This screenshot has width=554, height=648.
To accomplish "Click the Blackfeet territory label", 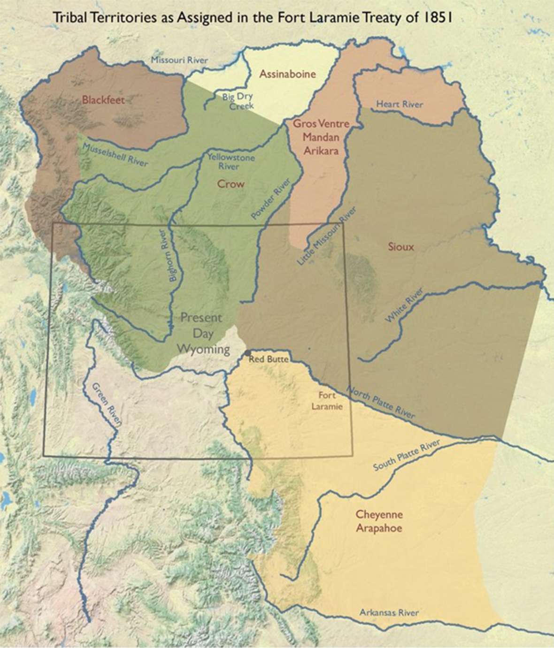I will [x=102, y=99].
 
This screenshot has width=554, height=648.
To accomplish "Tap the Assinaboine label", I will [x=287, y=74].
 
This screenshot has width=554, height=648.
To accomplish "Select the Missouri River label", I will [x=179, y=60].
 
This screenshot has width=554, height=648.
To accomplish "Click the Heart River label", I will [x=400, y=104].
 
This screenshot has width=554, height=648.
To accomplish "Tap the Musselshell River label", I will [x=115, y=155].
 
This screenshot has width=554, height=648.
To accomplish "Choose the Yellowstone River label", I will [x=231, y=162].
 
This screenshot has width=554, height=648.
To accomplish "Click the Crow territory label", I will [x=231, y=184].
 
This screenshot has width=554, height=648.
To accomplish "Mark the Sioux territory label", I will [x=401, y=246].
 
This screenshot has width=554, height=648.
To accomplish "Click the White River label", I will [x=404, y=306].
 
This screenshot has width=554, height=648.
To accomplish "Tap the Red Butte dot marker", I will [x=248, y=352].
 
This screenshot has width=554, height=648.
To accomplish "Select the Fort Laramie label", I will [x=327, y=401].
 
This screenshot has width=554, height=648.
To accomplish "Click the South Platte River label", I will [x=407, y=456].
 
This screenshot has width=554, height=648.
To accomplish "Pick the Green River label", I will [x=106, y=404].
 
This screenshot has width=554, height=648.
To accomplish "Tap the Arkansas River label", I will [x=389, y=612].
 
